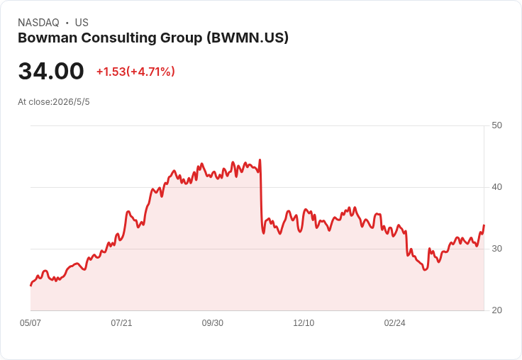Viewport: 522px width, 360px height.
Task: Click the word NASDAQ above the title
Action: (x=38, y=23)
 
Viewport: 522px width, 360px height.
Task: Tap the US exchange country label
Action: (x=82, y=23)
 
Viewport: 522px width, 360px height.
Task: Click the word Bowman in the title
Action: (x=48, y=38)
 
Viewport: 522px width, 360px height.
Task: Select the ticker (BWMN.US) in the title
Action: (x=248, y=38)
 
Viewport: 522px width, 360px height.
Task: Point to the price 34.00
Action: (x=51, y=71)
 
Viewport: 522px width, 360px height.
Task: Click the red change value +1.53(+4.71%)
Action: (x=135, y=72)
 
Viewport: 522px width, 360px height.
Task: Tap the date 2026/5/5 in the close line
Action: (x=71, y=102)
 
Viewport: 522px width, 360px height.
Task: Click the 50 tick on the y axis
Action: (x=496, y=125)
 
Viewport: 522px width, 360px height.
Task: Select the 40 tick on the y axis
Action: (x=496, y=187)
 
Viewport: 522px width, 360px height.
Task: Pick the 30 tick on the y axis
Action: (x=496, y=249)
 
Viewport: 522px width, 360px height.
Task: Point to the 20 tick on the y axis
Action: (x=496, y=310)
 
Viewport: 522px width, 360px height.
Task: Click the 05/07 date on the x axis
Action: (x=30, y=323)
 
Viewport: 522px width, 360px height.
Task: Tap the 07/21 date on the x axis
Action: (x=121, y=323)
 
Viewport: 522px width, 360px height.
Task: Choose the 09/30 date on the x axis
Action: (x=212, y=323)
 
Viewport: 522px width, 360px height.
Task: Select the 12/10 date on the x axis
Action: (x=304, y=323)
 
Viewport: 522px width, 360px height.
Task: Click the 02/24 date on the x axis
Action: (x=395, y=323)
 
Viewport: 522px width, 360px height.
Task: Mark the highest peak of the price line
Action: (x=260, y=160)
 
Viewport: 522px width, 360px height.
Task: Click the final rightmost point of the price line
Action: (x=484, y=225)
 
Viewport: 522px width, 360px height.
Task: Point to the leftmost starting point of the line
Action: (x=31, y=285)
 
